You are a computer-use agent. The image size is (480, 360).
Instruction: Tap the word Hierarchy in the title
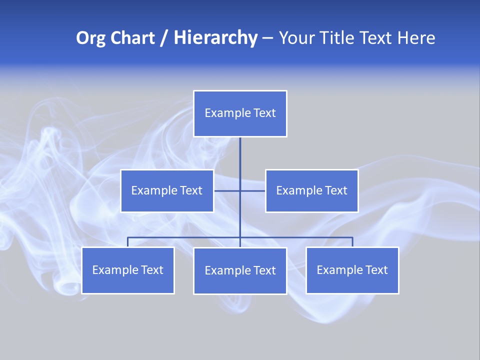(215, 38)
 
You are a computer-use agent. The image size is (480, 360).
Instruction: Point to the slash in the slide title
(164, 38)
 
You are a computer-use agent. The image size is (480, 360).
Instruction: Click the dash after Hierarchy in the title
(267, 38)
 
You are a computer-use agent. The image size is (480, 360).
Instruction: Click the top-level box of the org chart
(240, 113)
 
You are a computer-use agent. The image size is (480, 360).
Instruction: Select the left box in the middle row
(167, 190)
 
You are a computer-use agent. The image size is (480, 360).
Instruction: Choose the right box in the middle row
(311, 190)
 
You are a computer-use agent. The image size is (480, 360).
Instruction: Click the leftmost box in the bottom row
(128, 270)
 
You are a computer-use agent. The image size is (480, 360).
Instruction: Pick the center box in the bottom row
(240, 271)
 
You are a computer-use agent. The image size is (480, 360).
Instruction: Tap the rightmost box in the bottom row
(352, 270)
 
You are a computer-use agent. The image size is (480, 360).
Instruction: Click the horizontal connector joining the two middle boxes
(227, 190)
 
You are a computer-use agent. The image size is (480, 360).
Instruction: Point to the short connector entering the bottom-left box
(128, 242)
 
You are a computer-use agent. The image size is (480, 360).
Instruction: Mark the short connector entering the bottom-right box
(352, 242)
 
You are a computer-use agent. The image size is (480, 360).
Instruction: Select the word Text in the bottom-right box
(376, 270)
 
